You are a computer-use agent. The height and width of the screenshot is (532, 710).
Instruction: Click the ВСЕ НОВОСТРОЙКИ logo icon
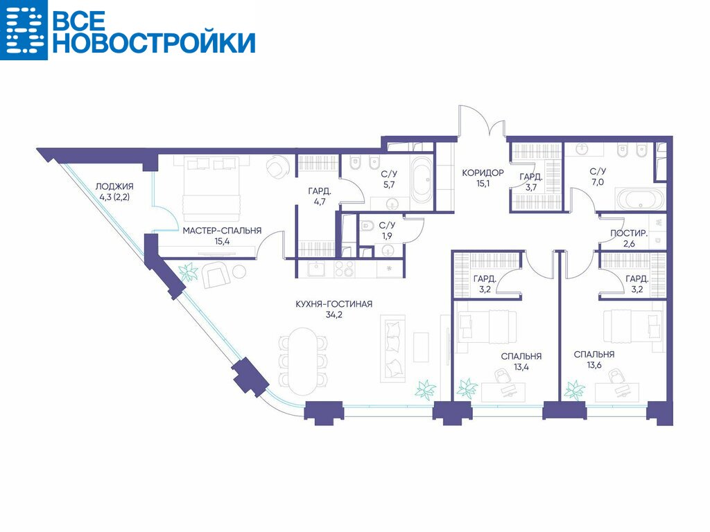[24, 30]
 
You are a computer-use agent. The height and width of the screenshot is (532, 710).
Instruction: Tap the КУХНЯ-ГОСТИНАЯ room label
[334, 304]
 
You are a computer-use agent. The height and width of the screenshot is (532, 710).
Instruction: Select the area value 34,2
[334, 315]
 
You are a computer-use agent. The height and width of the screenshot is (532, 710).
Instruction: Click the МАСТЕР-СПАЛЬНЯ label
[222, 231]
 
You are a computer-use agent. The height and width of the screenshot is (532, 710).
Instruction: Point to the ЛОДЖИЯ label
[114, 186]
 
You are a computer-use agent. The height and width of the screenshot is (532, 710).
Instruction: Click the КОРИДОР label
[483, 172]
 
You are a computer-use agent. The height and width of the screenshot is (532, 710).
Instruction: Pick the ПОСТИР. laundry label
[629, 233]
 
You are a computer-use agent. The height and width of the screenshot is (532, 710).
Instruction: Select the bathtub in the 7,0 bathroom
[640, 199]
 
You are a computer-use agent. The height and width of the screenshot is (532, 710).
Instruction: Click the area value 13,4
[521, 367]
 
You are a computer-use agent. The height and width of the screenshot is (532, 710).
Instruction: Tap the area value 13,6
[594, 365]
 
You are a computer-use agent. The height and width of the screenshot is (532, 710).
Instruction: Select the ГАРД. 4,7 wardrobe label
[319, 196]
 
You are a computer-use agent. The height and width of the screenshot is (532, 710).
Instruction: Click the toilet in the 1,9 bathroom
[367, 225]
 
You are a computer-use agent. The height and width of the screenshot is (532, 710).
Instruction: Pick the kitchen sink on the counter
[317, 269]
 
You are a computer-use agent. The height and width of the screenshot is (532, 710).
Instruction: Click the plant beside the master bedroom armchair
[188, 273]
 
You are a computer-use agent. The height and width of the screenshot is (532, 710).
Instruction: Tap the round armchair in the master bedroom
[277, 168]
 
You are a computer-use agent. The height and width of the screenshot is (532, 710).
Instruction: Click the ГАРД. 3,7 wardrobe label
[530, 182]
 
